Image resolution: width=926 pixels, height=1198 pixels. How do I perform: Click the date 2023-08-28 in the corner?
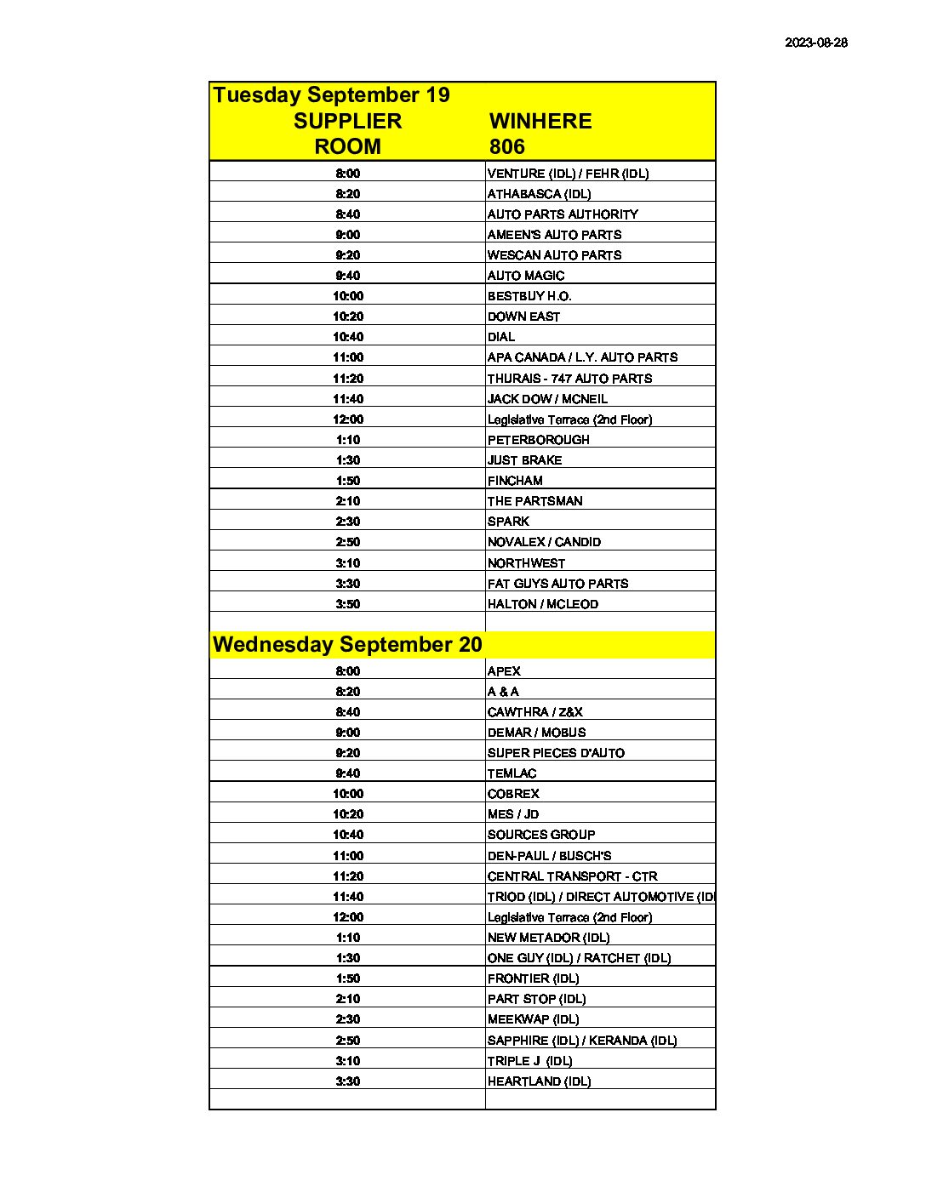click(815, 43)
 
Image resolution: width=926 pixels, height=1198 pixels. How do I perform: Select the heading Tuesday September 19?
click(331, 94)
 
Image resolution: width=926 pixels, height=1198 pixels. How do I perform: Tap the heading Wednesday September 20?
click(347, 644)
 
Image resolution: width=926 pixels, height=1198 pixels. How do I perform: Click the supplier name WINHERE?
click(540, 121)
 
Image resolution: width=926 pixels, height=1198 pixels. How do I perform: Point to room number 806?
click(507, 146)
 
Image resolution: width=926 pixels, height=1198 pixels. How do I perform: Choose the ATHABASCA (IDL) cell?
click(539, 194)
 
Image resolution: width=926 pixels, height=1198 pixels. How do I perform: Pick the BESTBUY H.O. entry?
click(529, 296)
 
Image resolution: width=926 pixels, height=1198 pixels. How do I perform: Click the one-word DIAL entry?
click(501, 337)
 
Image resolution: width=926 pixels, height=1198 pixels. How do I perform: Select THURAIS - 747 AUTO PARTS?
click(569, 379)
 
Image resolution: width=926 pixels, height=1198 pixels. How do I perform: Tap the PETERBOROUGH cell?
click(538, 440)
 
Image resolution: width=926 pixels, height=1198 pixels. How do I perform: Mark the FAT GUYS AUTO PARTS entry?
click(557, 584)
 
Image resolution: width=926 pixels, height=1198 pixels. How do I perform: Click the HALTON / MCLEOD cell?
click(542, 604)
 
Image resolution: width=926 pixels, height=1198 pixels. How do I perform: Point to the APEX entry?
click(504, 671)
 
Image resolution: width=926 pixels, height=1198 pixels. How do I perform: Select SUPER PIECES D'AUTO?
click(556, 753)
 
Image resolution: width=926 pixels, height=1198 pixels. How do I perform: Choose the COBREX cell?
click(513, 794)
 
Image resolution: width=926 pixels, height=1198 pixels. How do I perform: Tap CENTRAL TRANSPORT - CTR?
click(572, 876)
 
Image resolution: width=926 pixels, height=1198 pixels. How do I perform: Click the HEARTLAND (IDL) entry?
click(539, 1081)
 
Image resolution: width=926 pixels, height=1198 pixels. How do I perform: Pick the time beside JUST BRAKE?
click(348, 460)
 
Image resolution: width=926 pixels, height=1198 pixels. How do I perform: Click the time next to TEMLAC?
click(348, 773)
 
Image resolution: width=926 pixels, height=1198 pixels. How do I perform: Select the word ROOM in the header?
click(347, 146)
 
